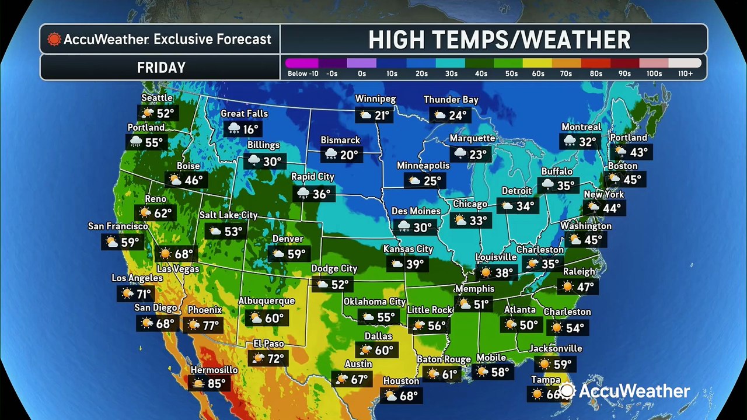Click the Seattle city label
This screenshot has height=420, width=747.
pyautogui.click(x=157, y=98)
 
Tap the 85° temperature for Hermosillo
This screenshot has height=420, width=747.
pyautogui.click(x=217, y=384)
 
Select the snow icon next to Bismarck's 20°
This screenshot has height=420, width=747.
pyautogui.click(x=331, y=155)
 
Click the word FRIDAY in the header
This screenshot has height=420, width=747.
pyautogui.click(x=161, y=68)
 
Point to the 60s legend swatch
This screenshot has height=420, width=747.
pyautogui.click(x=536, y=63)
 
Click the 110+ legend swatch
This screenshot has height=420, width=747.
pyautogui.click(x=685, y=63)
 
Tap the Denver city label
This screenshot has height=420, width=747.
pyautogui.click(x=288, y=239)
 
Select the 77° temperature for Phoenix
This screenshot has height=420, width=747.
pyautogui.click(x=211, y=325)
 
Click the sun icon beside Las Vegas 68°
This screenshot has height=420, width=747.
pyautogui.click(x=165, y=254)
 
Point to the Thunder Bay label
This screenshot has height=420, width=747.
pyautogui.click(x=451, y=100)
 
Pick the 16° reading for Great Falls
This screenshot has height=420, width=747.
pyautogui.click(x=251, y=129)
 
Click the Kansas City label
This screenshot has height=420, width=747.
pyautogui.click(x=408, y=249)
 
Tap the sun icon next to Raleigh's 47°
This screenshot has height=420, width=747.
pyautogui.click(x=566, y=286)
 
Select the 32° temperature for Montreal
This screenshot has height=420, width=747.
pyautogui.click(x=587, y=142)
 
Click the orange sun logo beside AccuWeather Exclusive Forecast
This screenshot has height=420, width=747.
pyautogui.click(x=54, y=40)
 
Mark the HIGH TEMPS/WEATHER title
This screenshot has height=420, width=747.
pyautogui.click(x=499, y=40)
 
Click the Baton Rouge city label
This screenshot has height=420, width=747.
pyautogui.click(x=444, y=359)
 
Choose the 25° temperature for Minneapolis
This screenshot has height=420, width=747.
pyautogui.click(x=432, y=181)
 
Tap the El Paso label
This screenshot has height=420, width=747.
pyautogui.click(x=268, y=344)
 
